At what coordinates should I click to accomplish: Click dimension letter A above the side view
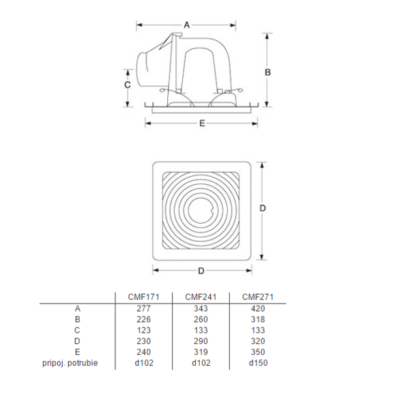click(187, 25)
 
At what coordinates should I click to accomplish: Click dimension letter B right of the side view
click(268, 72)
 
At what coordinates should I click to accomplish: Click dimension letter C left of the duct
click(127, 85)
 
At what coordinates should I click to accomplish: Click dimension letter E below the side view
click(202, 123)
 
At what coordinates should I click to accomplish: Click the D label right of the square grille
click(262, 207)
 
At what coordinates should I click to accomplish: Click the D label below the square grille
click(201, 271)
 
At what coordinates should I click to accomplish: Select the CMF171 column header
click(144, 297)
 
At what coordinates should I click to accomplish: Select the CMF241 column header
click(201, 297)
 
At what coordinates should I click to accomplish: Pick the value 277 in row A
click(144, 308)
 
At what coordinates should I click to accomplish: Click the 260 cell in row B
click(201, 319)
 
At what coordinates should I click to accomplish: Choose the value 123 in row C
click(144, 330)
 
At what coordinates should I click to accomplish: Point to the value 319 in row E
click(201, 352)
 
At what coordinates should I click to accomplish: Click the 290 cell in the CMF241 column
click(201, 341)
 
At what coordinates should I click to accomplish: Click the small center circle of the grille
click(201, 207)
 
